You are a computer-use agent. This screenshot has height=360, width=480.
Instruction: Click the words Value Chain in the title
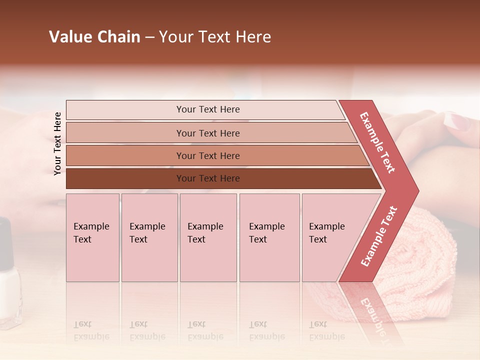pos(94,37)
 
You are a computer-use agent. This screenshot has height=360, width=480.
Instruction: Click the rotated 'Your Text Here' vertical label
pos(57,143)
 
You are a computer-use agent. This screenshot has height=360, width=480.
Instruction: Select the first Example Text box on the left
pos(92,237)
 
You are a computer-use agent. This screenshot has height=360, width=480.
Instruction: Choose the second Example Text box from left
pos(149,237)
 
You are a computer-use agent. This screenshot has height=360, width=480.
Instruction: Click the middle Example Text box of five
pos(208,237)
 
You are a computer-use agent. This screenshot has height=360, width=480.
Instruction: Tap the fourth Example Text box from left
pos(269,237)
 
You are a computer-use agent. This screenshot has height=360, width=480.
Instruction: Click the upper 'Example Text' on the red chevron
pos(377,142)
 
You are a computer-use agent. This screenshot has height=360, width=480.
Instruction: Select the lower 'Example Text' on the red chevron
pos(379,236)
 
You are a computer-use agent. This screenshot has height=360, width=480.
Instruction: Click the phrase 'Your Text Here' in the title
pos(215,37)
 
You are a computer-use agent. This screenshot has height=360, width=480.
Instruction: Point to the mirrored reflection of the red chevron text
pos(372,312)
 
